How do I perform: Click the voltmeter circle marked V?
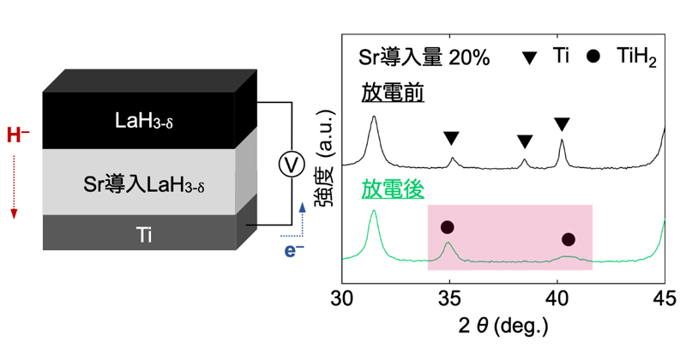(x=292, y=165)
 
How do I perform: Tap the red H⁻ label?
(x=18, y=135)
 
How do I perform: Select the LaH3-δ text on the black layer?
(x=144, y=121)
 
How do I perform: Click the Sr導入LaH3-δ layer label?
(x=144, y=184)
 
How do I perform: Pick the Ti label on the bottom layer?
(x=144, y=235)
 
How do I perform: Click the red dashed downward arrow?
(x=14, y=187)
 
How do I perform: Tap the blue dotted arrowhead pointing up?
(x=302, y=207)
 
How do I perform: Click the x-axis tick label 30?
(x=342, y=299)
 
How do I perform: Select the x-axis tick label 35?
(x=449, y=299)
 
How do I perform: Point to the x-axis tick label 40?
(x=557, y=299)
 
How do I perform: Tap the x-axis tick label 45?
(x=665, y=299)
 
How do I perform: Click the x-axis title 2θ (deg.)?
(x=503, y=326)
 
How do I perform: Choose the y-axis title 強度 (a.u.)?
(x=325, y=158)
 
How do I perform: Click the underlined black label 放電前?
(x=393, y=93)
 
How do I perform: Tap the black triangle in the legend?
(x=530, y=57)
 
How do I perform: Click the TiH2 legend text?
(x=636, y=57)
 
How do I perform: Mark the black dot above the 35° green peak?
(x=447, y=227)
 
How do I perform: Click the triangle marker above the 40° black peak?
(x=563, y=123)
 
